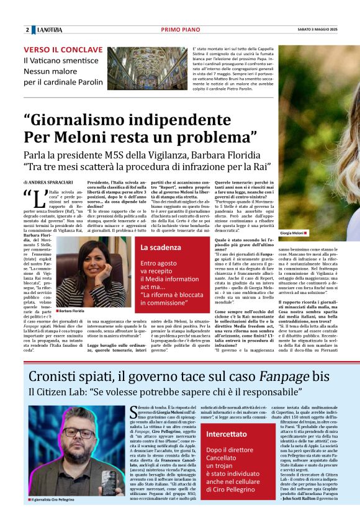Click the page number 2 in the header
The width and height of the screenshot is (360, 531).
pyautogui.click(x=27, y=30)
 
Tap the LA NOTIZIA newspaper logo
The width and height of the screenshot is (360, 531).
pyautogui.click(x=49, y=30)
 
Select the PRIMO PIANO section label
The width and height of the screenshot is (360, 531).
pyautogui.click(x=179, y=30)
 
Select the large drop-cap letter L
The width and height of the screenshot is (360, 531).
pyautogui.click(x=37, y=201)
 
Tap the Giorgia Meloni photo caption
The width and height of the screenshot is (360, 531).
pyautogui.click(x=292, y=233)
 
